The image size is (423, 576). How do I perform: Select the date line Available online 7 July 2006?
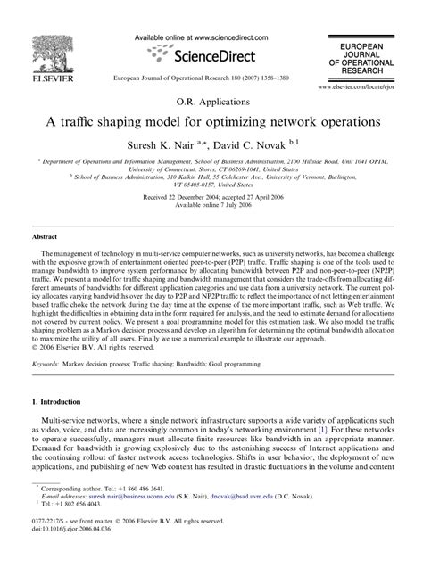[x=211, y=202]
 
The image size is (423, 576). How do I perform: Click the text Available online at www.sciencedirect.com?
[x=211, y=38]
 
